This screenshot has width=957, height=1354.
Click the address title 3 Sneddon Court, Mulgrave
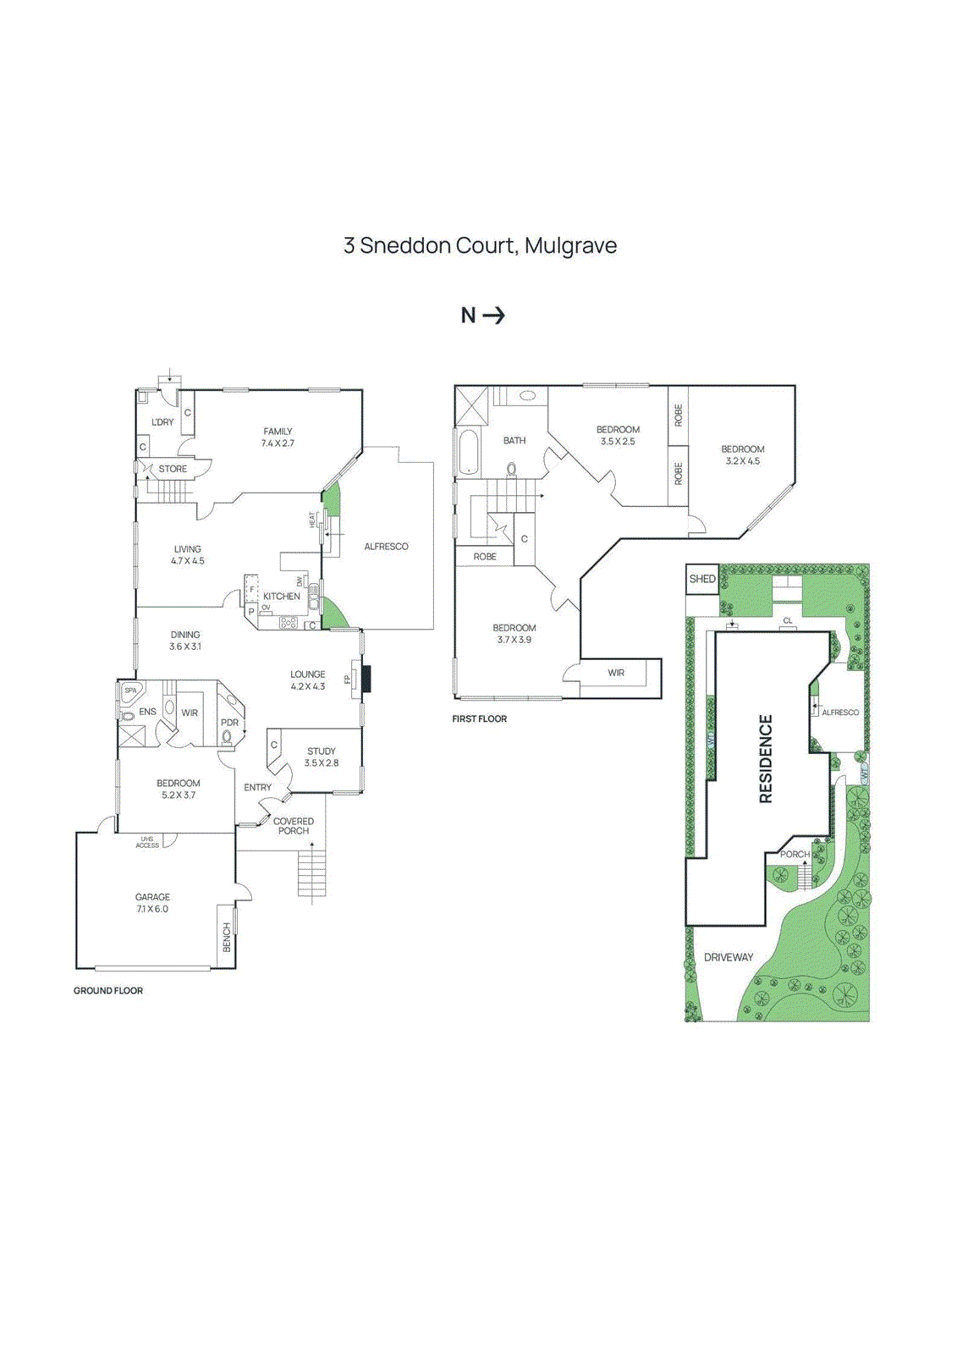pos(480,245)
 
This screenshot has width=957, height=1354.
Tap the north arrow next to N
pos(494,316)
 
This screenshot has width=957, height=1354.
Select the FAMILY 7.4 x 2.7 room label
pos(278,438)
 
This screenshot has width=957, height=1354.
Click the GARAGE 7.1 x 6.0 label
pos(152,903)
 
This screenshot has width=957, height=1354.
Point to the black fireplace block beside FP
pos(366,679)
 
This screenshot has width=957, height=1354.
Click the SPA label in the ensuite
pos(130,691)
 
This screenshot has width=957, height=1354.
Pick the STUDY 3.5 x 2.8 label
pos(322,757)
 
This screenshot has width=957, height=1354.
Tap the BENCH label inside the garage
pos(227,938)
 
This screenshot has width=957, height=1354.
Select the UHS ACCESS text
pos(147,842)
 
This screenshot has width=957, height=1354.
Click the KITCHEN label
pos(282,597)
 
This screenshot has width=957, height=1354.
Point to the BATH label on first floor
pos(514,441)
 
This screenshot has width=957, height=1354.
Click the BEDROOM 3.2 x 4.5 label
pos(743,455)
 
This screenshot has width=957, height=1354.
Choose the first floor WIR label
pos(616,673)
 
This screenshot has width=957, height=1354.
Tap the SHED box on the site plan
pos(702,580)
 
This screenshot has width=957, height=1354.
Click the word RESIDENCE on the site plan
pos(766,759)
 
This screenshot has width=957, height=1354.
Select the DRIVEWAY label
pos(729,957)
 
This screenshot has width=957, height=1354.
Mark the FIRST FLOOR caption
pos(480,718)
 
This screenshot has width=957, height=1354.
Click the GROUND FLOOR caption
pos(108,990)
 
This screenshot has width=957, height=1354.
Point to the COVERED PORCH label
pos(294,826)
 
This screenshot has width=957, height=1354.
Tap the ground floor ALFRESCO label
pos(386,547)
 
